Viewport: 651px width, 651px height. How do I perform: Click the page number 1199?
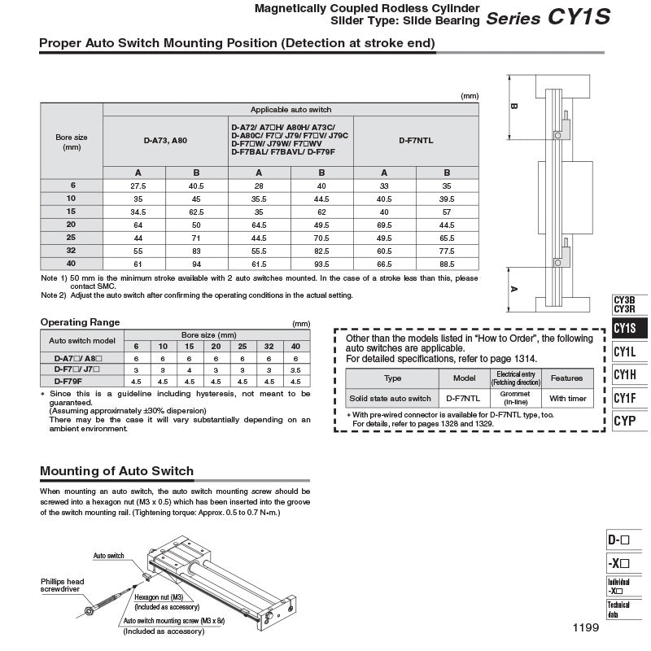[586, 627]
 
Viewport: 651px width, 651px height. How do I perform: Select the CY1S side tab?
[625, 329]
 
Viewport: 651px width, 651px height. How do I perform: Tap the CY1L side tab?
[625, 352]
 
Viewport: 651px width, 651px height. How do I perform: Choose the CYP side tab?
[625, 421]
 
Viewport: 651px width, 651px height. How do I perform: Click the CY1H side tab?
[625, 375]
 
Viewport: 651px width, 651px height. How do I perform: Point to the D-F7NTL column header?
[416, 141]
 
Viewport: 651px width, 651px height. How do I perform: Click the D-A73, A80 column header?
[165, 141]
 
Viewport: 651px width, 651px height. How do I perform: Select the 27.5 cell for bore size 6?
[134, 186]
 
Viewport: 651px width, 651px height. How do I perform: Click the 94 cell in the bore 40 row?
[197, 264]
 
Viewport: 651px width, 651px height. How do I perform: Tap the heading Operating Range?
[80, 322]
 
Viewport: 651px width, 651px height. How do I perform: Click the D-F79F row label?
[68, 380]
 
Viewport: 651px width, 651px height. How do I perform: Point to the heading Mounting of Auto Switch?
[116, 471]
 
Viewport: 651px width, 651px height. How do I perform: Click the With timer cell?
[566, 399]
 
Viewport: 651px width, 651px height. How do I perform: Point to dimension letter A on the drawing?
[514, 288]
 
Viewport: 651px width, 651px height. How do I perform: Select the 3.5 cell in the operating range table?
[296, 369]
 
